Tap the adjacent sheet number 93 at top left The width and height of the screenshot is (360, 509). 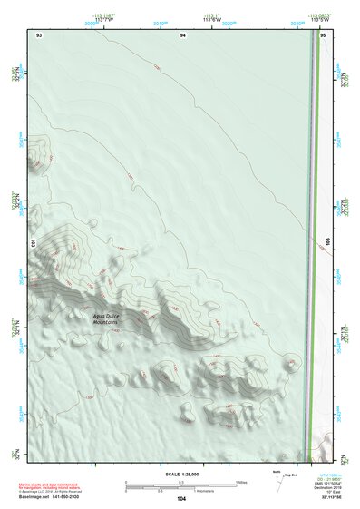(38, 34)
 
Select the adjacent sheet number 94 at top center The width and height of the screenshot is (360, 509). (183, 34)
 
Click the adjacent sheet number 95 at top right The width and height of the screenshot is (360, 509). (324, 34)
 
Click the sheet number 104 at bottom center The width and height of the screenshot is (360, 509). (181, 499)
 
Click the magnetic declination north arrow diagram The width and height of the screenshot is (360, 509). (280, 483)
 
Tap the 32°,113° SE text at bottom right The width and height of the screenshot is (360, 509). (324, 499)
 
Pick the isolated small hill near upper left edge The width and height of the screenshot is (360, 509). (36, 156)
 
